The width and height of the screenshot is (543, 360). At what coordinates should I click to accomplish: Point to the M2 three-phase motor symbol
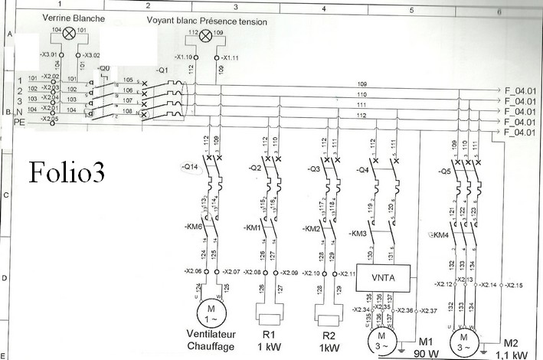462,338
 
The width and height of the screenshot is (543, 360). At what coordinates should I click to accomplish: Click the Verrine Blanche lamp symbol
69,32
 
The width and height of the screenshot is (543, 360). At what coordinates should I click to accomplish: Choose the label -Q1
162,71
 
